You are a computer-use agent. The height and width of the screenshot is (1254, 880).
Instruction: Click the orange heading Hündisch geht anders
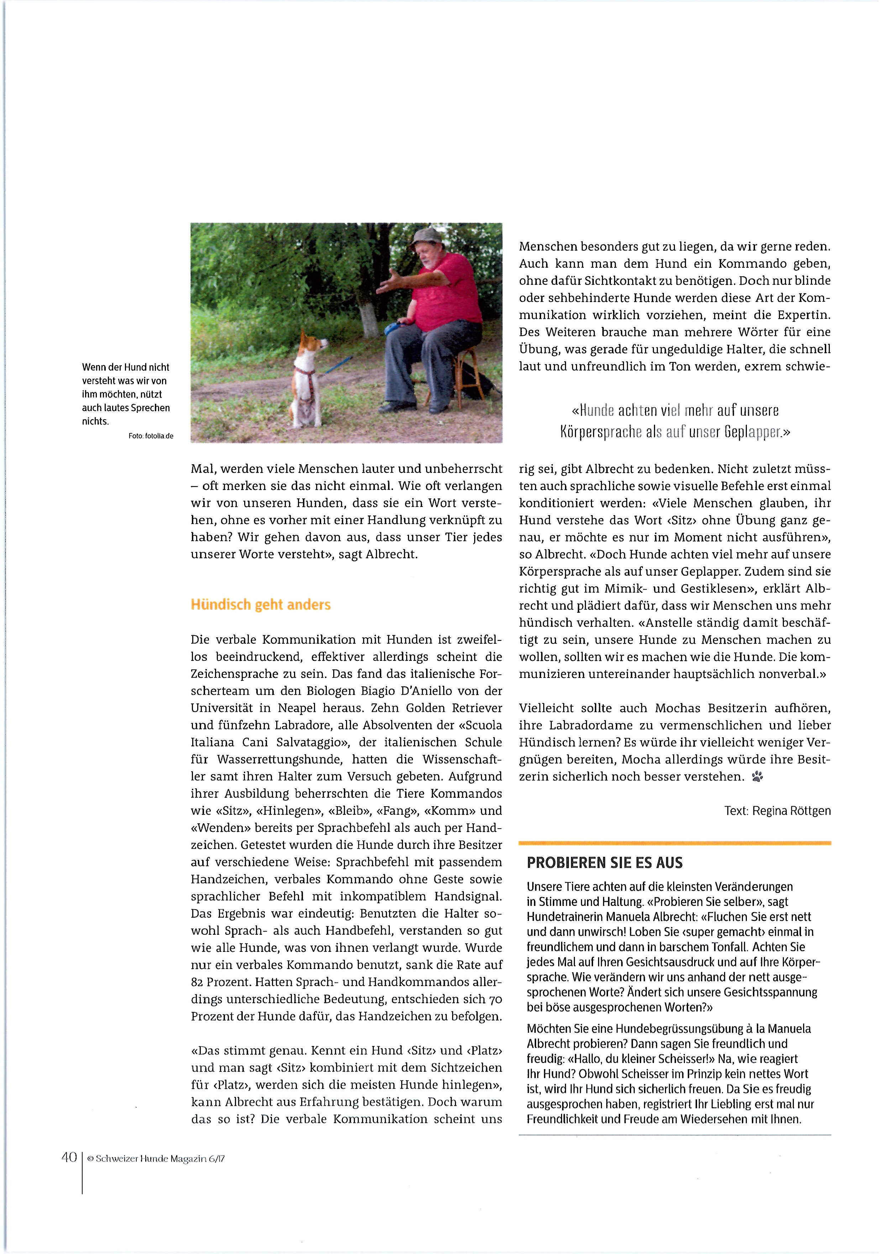tap(260, 605)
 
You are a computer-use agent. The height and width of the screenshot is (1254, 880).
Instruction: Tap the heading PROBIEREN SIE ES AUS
tap(604, 863)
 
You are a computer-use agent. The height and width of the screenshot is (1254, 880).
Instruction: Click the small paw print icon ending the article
tap(757, 777)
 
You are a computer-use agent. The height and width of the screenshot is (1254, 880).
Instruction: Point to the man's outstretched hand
tap(389, 282)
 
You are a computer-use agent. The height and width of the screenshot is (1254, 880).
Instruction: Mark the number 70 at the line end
tap(495, 999)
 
